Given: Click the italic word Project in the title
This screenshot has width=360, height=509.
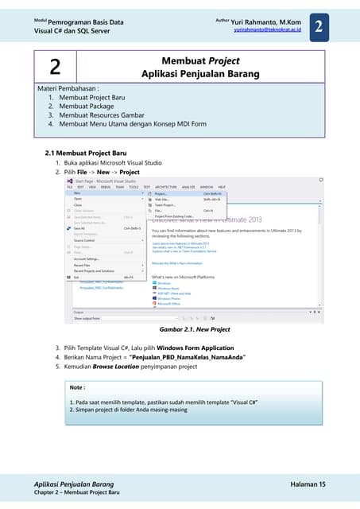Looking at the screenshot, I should pyautogui.click(x=223, y=60).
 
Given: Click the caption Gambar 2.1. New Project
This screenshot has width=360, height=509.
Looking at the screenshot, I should pyautogui.click(x=195, y=328).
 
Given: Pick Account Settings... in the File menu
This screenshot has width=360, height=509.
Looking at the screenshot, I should pyautogui.click(x=87, y=258).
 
